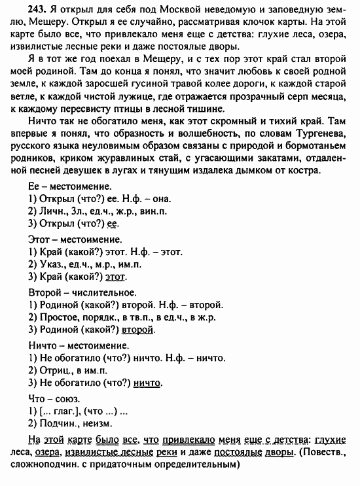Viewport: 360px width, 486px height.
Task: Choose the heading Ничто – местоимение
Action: click(x=75, y=345)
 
